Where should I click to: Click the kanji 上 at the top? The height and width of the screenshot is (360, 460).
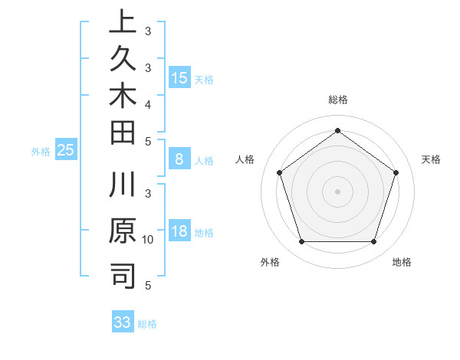tap(123, 21)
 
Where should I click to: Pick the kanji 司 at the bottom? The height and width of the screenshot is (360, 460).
tap(123, 276)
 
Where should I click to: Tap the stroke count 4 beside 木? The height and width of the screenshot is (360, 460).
tap(148, 103)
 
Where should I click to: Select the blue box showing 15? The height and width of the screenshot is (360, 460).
tap(179, 78)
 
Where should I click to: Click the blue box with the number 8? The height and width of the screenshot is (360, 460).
tap(179, 160)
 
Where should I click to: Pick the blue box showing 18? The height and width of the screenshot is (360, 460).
tap(179, 232)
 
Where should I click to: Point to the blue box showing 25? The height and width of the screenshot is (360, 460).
tap(66, 151)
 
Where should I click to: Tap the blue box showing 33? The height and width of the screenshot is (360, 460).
tap(123, 322)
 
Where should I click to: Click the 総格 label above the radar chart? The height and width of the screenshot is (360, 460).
tap(338, 100)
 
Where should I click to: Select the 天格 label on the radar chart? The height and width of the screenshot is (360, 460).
tap(431, 159)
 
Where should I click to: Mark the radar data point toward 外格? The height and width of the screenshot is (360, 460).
tap(301, 242)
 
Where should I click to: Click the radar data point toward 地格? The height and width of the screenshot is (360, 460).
tap(374, 242)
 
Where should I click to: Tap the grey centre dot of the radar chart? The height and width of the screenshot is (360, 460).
tap(337, 191)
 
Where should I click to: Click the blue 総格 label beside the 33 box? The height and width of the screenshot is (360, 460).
tap(147, 324)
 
